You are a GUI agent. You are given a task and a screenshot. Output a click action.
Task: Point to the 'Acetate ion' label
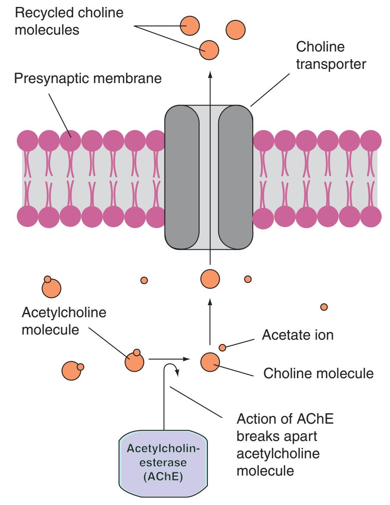click(297, 335)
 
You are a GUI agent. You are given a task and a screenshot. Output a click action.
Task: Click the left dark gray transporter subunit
click(182, 177)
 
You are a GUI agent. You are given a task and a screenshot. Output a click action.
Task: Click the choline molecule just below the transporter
click(210, 278)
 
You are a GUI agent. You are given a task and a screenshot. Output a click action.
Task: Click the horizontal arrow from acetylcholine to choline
click(169, 359)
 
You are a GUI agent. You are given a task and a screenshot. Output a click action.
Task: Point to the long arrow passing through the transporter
click(210, 173)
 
